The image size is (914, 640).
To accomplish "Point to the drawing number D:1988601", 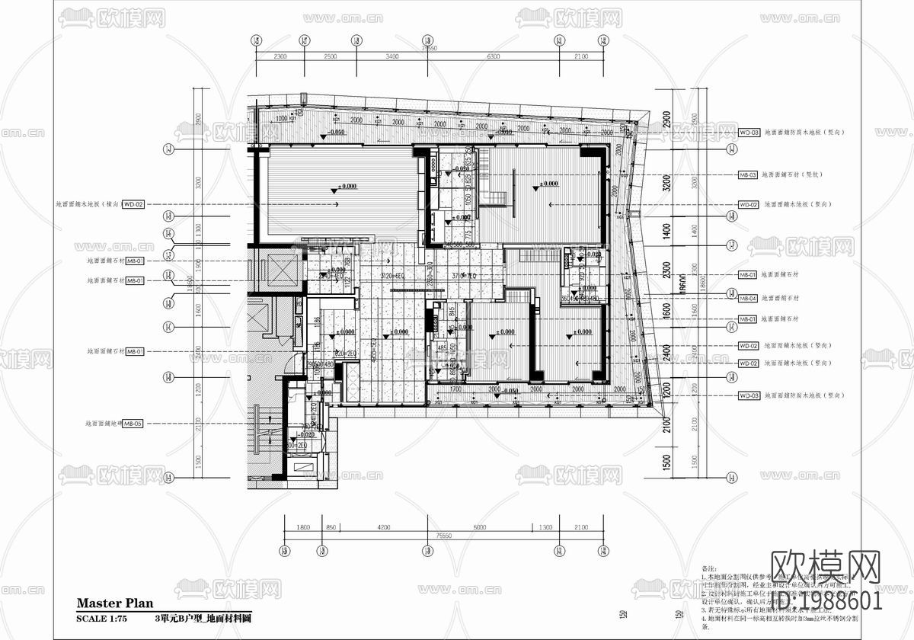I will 826,601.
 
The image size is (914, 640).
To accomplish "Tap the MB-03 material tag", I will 747,175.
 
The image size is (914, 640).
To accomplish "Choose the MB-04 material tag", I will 747,299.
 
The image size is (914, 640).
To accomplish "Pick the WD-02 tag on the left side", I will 134,204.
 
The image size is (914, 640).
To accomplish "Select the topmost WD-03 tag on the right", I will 749,133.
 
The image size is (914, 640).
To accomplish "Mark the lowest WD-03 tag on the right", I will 749,396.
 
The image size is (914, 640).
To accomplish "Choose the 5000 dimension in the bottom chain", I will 478,526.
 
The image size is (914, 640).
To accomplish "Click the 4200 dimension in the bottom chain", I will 383,526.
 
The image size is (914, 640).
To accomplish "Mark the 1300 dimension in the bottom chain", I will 545,526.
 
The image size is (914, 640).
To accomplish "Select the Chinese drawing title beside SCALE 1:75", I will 203,619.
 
